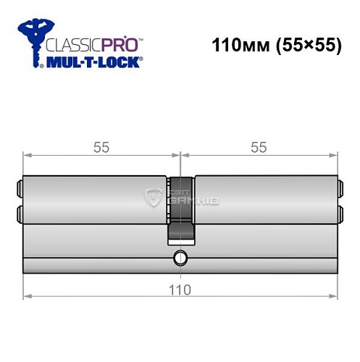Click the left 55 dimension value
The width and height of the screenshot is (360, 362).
click(101, 148)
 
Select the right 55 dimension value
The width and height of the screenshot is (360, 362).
click(258, 148)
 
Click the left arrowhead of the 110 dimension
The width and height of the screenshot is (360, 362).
click(27, 296)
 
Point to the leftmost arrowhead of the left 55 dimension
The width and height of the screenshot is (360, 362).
click(27, 155)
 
